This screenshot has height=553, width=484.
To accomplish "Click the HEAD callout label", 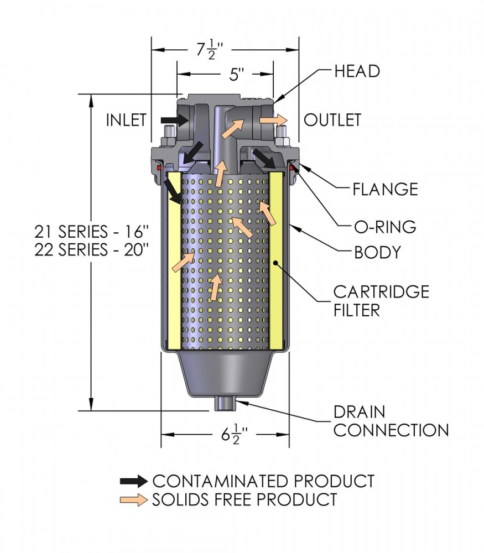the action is (357, 71).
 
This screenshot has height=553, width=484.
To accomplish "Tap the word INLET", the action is (126, 120).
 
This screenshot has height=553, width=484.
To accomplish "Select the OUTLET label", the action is (332, 120).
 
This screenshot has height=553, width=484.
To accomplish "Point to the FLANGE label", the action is (385, 189).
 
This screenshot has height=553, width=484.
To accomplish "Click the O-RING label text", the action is (385, 227).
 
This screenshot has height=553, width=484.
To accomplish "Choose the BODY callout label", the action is (377, 253).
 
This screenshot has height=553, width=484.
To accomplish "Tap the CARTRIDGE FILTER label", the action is (381, 301).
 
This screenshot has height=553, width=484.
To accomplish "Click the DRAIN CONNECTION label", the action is (391, 421).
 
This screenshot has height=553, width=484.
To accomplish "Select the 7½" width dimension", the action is (210, 50).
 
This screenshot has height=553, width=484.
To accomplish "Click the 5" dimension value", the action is (236, 75).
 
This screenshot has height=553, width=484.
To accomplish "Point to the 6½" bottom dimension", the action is (235, 434).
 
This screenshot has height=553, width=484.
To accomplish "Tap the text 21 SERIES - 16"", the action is (92, 232).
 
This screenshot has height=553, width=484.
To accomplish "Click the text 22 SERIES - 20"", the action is (92, 250).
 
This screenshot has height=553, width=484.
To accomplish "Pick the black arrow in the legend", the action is (134, 481).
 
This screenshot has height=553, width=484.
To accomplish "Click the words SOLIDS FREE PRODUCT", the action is (244, 500).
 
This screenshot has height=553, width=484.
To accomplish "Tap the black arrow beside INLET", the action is (175, 120).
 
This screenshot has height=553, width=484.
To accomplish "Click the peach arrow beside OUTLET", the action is (273, 120).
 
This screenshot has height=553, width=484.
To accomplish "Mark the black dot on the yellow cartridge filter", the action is (275, 262).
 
